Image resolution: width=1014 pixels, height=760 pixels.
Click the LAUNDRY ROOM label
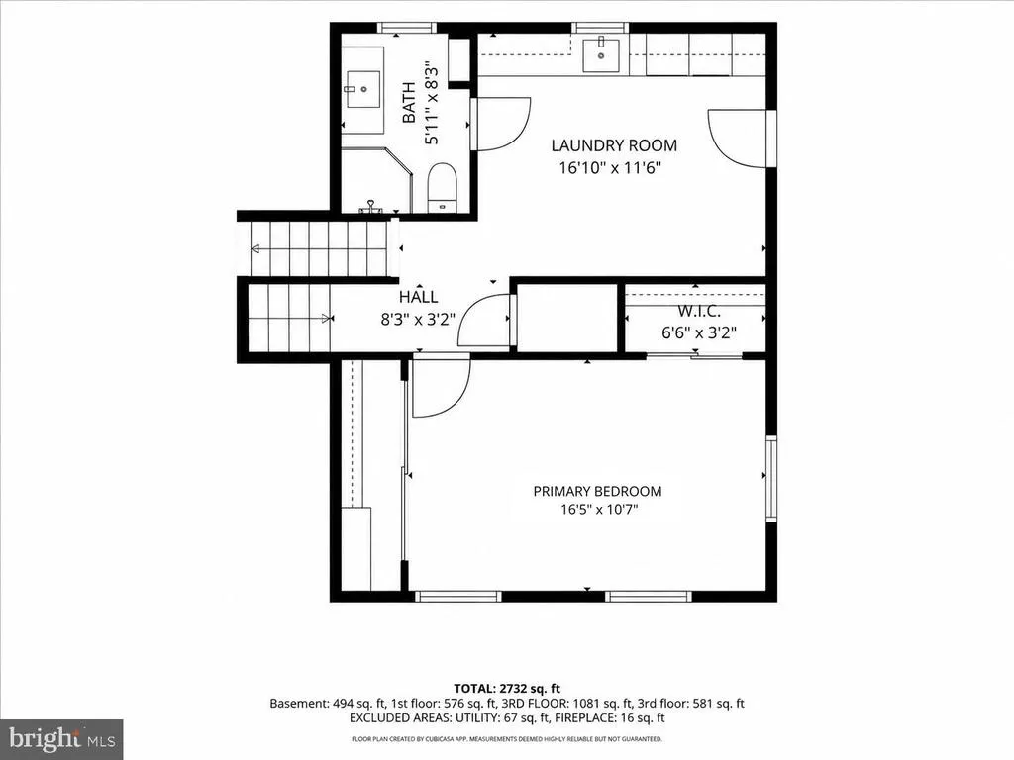[x=614, y=145]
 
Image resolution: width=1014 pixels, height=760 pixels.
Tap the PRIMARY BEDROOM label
[x=597, y=491]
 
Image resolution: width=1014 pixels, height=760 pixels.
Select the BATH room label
[x=409, y=103]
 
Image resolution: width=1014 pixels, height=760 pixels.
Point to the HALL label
[x=419, y=297]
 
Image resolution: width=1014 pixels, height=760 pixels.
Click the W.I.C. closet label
[x=699, y=312]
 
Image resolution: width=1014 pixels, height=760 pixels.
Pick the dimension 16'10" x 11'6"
[x=610, y=168]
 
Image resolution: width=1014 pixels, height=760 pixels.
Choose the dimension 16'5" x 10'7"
[x=599, y=510]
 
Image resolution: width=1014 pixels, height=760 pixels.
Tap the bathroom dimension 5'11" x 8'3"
[x=432, y=103]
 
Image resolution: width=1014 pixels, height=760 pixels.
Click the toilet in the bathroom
[x=443, y=187]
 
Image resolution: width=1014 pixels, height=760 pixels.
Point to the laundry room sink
[x=601, y=55]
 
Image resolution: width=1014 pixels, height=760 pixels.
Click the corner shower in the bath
[x=376, y=180]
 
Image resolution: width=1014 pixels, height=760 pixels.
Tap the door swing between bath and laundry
[x=500, y=124]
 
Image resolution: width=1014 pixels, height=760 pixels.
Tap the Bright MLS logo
[x=61, y=738]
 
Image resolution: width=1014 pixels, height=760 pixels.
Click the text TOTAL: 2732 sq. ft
[x=506, y=689]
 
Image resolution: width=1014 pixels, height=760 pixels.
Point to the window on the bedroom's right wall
[x=770, y=478]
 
